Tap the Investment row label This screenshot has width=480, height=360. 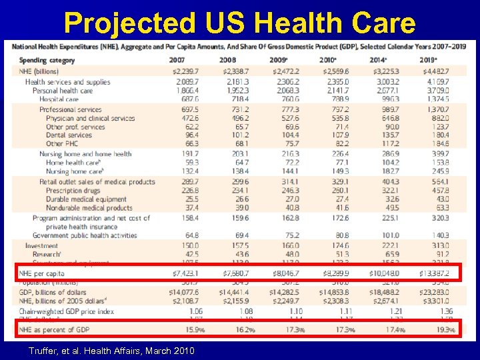(42, 245)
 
